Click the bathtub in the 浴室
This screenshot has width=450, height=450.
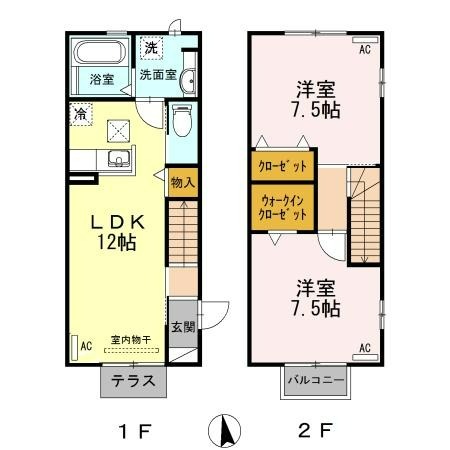point(100,52)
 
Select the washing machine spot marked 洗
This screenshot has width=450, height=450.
point(151,48)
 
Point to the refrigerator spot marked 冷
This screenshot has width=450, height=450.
point(81,114)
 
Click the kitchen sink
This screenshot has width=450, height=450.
point(119,158)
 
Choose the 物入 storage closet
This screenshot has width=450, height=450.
point(183,182)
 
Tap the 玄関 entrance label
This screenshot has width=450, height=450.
point(183,327)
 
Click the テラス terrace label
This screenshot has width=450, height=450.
point(133,381)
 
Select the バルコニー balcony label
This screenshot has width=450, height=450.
point(316,380)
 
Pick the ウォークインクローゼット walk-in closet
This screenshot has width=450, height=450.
point(283,207)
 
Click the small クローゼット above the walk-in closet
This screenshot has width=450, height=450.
point(283,166)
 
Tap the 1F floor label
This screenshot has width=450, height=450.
point(135,431)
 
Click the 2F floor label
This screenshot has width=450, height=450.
point(315,431)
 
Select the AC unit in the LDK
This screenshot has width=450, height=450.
point(74,347)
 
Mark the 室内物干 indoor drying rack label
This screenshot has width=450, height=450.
point(131,340)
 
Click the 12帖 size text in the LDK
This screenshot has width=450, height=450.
point(117,242)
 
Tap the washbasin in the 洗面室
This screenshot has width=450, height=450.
point(188,81)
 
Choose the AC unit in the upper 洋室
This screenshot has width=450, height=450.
point(365,40)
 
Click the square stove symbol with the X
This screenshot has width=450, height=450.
point(118,131)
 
